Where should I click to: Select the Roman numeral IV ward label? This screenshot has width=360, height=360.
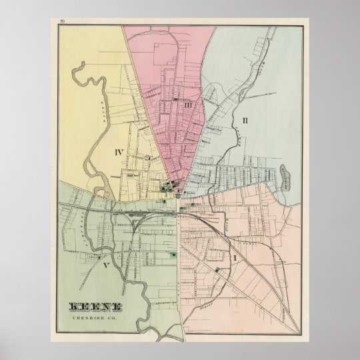(119, 153)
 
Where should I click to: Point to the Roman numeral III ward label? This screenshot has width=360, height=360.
(189, 106)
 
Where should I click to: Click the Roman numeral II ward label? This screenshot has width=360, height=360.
(245, 120)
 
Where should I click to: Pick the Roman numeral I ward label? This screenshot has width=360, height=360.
(234, 257)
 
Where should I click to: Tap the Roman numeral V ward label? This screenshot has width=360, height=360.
(106, 265)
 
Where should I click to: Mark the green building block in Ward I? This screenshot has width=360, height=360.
(217, 270)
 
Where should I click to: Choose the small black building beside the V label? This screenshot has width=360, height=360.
(100, 257)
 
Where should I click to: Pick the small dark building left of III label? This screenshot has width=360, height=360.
(175, 101)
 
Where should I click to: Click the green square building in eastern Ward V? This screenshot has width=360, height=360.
(173, 254)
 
